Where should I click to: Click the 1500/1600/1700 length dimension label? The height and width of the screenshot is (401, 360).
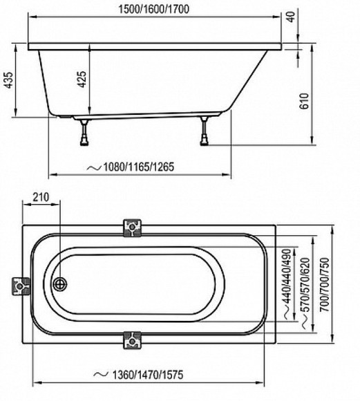point(154,9)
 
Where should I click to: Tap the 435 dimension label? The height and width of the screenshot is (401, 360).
point(8,80)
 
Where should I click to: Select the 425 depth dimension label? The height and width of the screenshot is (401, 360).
point(82,80)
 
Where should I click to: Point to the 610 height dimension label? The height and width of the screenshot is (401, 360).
point(304,101)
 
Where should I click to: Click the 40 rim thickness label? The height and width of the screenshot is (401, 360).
point(292,17)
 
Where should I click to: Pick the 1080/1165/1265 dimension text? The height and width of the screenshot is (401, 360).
point(138,167)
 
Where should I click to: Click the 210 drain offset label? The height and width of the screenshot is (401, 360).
point(41,197)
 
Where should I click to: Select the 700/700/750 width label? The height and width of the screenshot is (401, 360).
point(325,284)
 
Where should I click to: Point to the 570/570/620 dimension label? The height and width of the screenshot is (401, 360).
point(305,285)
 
